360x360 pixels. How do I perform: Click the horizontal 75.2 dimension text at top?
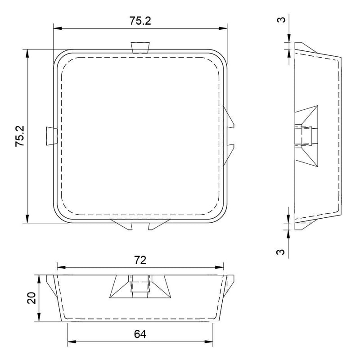(140, 21)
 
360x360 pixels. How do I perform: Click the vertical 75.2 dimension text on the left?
(20, 136)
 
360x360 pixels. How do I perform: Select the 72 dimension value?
(140, 260)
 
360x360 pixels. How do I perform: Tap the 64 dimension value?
(140, 334)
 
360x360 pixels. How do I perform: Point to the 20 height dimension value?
(31, 298)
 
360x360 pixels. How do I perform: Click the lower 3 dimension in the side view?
(280, 252)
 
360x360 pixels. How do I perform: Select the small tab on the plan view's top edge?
(140, 48)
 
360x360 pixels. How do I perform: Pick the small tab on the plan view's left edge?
(52, 136)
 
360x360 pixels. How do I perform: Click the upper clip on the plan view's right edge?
(228, 117)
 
